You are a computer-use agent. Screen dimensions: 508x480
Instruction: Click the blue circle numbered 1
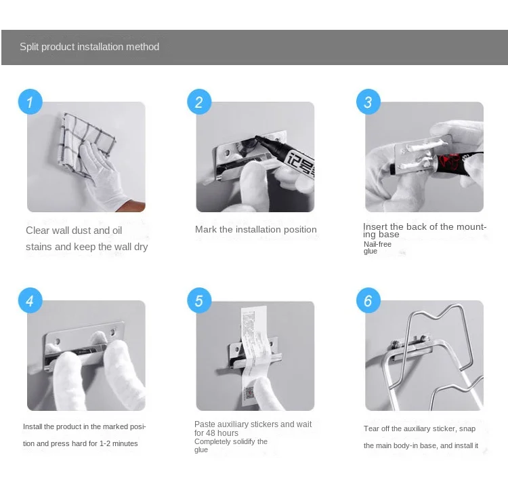tap(30, 102)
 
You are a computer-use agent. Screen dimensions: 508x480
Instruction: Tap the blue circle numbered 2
tap(199, 102)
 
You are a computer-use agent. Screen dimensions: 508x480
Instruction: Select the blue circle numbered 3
tap(368, 102)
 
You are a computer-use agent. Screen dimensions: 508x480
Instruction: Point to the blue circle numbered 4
tap(30, 300)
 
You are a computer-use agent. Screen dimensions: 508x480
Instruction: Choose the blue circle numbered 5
tap(199, 300)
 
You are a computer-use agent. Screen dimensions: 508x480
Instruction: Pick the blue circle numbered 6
tap(368, 300)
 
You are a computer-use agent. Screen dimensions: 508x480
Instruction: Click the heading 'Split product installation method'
tap(89, 47)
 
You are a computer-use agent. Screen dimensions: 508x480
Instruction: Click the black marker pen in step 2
tap(285, 157)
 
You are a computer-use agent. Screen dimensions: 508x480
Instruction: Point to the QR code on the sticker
tap(250, 393)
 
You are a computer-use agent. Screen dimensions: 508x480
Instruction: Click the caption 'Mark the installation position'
tap(255, 230)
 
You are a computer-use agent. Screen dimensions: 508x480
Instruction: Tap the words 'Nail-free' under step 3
tap(377, 244)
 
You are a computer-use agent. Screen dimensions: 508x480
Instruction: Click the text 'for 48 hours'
tap(216, 433)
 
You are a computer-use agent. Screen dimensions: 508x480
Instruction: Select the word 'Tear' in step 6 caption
tap(371, 428)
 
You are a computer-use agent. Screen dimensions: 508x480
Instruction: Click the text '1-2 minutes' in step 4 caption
tap(119, 443)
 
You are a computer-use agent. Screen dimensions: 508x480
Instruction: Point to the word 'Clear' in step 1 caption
tap(37, 231)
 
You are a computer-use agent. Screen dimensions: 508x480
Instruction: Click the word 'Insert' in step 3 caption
tap(375, 226)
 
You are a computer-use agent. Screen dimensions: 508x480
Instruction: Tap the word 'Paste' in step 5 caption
tap(205, 424)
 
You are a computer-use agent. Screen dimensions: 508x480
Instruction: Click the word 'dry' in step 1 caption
tap(141, 247)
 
